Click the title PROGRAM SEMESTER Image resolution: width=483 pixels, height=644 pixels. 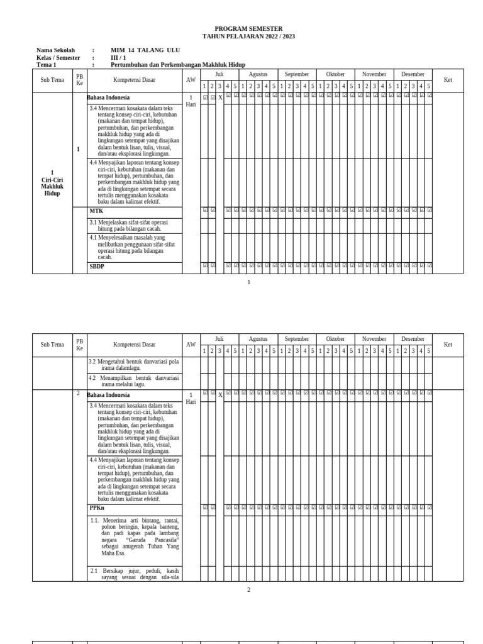click(248, 29)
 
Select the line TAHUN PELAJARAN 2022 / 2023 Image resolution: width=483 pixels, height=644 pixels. click(248, 36)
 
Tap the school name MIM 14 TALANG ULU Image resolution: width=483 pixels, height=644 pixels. click(145, 50)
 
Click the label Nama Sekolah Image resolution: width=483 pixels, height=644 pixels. click(55, 50)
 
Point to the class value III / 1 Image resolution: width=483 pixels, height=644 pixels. click(118, 58)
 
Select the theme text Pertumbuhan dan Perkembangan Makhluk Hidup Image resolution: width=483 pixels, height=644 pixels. click(178, 65)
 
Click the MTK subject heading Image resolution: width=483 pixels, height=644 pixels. click(96, 211)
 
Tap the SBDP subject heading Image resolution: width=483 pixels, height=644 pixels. click(97, 266)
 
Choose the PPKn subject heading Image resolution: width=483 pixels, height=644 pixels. click(97, 508)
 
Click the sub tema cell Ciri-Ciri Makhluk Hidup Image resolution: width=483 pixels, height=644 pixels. click(52, 183)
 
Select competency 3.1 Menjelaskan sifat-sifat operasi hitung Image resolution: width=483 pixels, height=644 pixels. click(134, 225)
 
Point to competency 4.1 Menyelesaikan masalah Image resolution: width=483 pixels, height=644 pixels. click(134, 247)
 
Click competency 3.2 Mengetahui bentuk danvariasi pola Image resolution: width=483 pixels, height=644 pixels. click(134, 365)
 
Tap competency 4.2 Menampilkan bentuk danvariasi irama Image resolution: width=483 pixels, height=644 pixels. click(134, 381)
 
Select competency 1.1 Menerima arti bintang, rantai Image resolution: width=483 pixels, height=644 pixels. click(134, 536)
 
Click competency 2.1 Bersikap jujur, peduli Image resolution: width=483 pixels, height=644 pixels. click(134, 574)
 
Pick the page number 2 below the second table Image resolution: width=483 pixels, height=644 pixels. click(248, 589)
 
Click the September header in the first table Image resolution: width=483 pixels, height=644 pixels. click(296, 74)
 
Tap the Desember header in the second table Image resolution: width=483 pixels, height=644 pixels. click(413, 339)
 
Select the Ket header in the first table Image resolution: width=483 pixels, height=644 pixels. click(448, 80)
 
